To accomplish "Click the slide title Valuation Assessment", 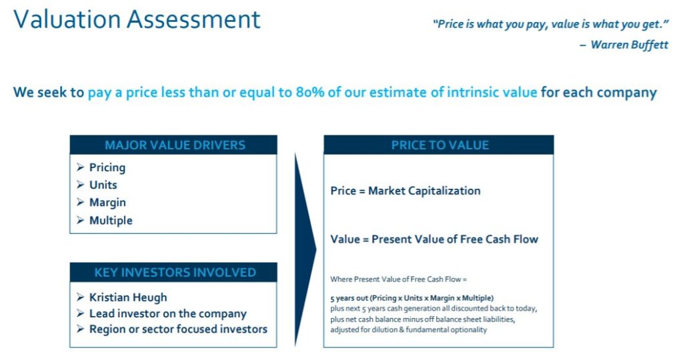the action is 137,20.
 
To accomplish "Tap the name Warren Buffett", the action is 629,45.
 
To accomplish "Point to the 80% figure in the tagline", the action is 309,92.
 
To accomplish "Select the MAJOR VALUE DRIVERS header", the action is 175,145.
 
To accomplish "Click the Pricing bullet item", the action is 107,167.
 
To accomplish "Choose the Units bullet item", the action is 103,185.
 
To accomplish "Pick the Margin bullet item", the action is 107,203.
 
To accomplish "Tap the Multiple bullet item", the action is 111,220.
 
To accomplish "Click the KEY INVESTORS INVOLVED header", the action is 175,273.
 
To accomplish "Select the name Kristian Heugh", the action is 128,297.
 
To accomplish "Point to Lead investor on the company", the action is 167,313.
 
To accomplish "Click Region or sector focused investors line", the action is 178,329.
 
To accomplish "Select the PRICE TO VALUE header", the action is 440,145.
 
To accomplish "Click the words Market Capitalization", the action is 424,191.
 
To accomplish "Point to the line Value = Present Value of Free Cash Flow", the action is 434,239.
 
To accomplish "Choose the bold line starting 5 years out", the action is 412,298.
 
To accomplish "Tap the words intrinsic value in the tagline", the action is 492,92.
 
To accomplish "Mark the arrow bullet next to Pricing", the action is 80,167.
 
